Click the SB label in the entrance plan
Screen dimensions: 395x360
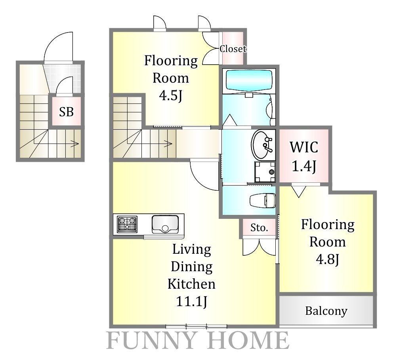point(66,112)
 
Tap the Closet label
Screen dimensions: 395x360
point(233,49)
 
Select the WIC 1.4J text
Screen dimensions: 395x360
point(304,156)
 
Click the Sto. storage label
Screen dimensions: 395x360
point(259,228)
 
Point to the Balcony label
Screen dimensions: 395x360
point(326,311)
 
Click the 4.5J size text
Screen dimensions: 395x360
point(170,96)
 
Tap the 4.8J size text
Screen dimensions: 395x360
point(328,259)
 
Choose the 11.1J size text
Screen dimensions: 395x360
point(191,301)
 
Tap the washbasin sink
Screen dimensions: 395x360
point(262,144)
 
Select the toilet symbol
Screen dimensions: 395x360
point(263,201)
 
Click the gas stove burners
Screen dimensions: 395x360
point(127,224)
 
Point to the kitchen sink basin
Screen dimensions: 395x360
point(165,224)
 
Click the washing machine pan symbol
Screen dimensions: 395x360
point(265,172)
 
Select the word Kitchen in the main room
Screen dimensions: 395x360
point(191,284)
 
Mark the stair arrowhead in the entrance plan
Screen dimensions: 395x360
point(76,144)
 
